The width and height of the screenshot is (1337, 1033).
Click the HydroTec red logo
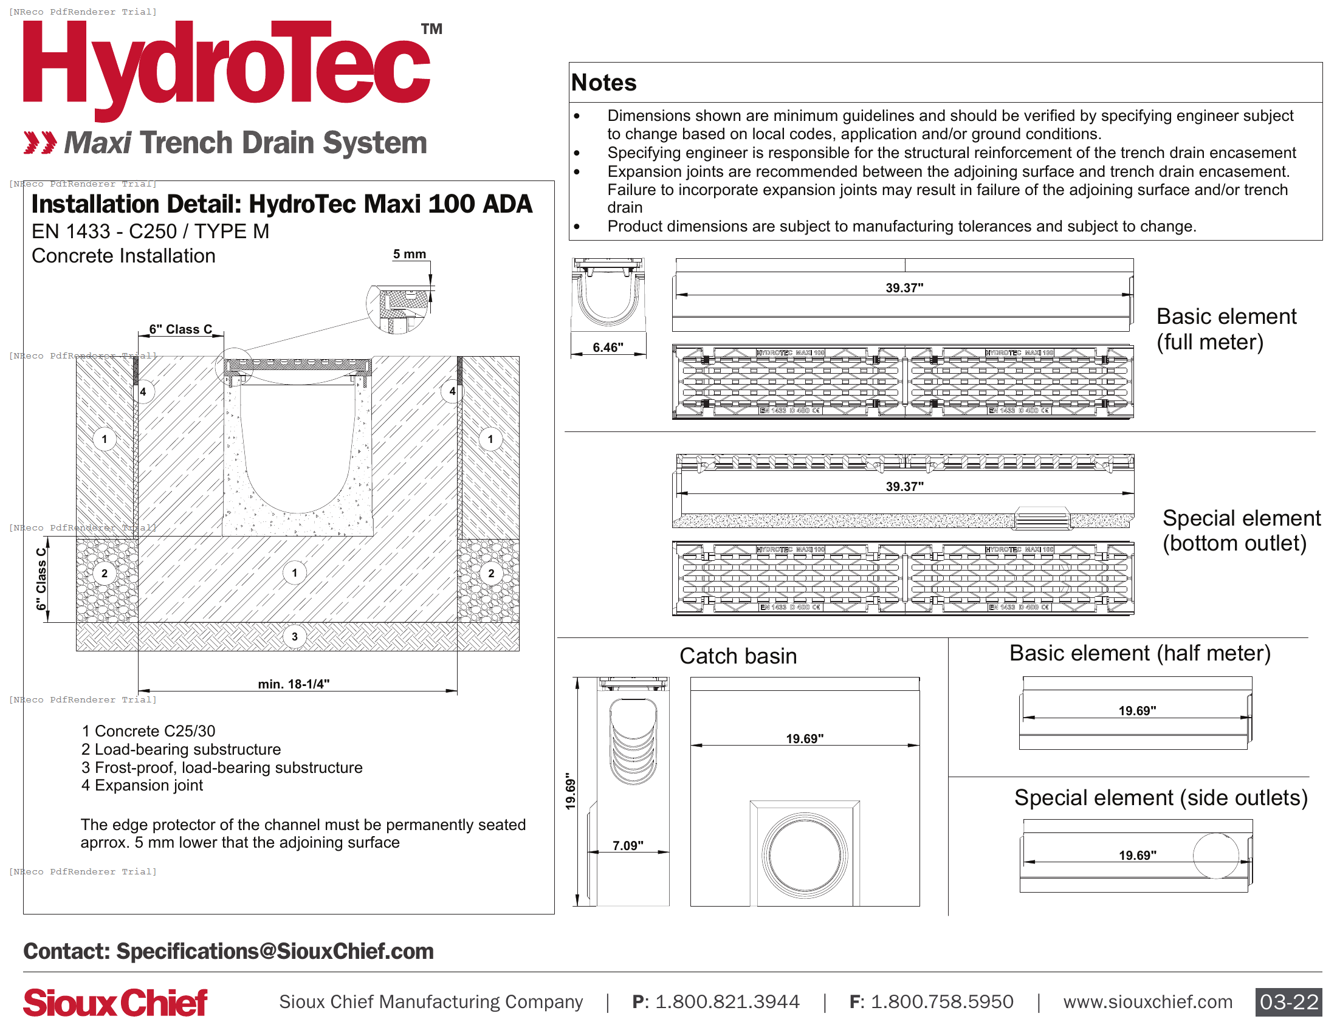[x=227, y=67]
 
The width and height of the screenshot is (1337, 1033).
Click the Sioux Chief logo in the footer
[x=115, y=1003]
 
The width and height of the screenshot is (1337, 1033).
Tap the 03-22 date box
[x=1288, y=1002]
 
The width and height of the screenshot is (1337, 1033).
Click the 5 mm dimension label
[x=409, y=254]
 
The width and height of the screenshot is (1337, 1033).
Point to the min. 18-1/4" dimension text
[x=294, y=684]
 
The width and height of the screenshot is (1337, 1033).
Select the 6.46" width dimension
[x=607, y=347]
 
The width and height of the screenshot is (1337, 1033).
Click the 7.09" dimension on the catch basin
[x=628, y=845]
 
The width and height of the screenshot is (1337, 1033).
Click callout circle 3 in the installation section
[x=295, y=636]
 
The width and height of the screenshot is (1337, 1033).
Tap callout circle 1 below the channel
[x=295, y=573]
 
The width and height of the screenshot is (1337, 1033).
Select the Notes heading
[x=603, y=83]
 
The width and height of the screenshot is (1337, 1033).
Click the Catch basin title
[x=738, y=656]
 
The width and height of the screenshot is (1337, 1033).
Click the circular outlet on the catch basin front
[x=805, y=855]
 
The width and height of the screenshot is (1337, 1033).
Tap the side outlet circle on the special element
[x=1215, y=856]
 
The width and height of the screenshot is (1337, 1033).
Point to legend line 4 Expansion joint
[x=142, y=785]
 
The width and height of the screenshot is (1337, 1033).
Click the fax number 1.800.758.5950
[x=941, y=1002]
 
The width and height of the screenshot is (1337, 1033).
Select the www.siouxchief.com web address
[x=1147, y=1002]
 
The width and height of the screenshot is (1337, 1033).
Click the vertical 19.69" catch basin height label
[x=571, y=791]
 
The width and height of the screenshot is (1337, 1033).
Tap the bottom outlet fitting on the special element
[x=1042, y=519]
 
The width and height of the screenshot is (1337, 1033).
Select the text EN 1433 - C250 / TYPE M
[x=150, y=232]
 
